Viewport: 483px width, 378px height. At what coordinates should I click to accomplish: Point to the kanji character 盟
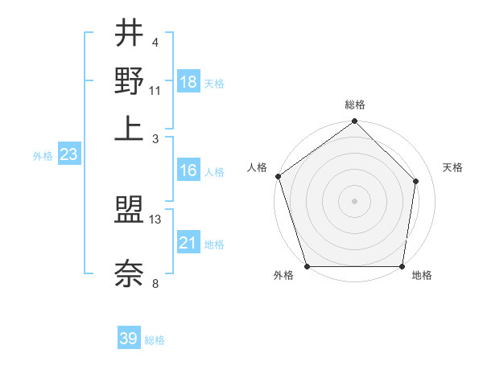(129, 212)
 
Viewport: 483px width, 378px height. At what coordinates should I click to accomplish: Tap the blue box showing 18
(188, 82)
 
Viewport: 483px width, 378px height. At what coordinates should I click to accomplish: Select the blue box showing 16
(188, 171)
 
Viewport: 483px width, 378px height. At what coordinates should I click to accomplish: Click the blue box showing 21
(188, 243)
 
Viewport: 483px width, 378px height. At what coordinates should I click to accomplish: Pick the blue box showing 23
(68, 155)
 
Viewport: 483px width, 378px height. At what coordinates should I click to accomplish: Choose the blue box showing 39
(129, 339)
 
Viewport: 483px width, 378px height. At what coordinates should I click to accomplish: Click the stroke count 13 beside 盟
(155, 219)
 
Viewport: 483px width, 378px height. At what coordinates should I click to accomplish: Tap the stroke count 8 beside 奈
(155, 282)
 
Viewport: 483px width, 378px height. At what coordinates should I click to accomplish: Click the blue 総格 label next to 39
(155, 340)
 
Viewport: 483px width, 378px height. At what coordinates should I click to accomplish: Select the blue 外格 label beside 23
(43, 156)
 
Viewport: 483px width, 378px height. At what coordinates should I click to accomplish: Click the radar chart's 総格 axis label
(355, 105)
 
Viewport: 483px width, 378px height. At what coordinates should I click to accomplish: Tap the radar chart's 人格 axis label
(258, 167)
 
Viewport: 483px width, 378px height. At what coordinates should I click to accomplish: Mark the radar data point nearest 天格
(416, 181)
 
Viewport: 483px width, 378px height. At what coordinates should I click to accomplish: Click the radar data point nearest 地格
(402, 266)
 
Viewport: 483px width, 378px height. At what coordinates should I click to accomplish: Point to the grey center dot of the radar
(354, 200)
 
